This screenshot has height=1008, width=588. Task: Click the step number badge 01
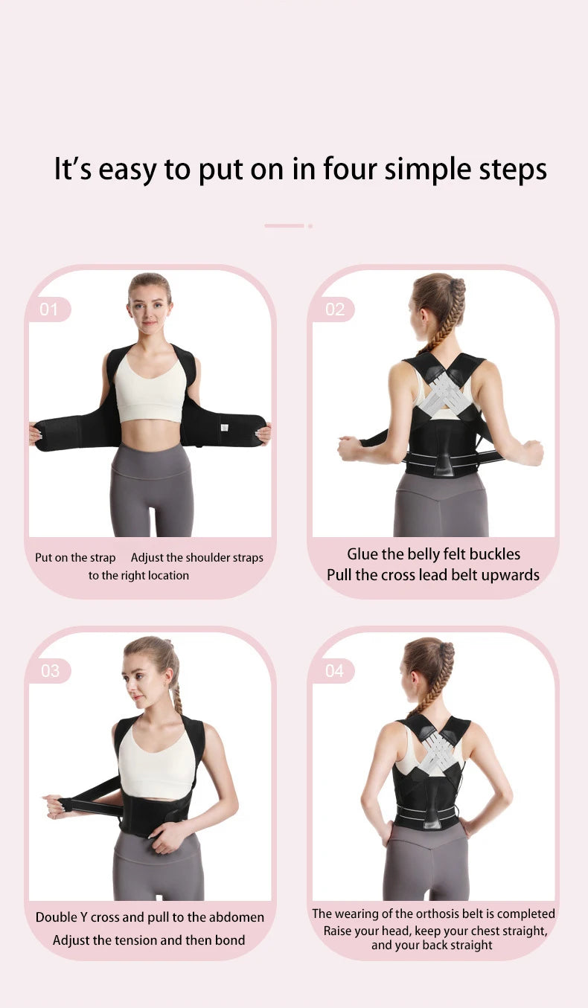point(48,309)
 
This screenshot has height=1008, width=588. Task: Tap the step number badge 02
point(333,309)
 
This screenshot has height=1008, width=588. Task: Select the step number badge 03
point(50,671)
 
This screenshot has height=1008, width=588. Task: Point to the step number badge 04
point(333,671)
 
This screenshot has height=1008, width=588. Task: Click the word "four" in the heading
point(350,169)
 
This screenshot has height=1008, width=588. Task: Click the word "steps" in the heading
point(512,170)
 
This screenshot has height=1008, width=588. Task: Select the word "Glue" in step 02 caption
point(362,554)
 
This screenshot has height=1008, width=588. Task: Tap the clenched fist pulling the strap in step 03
point(58,805)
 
